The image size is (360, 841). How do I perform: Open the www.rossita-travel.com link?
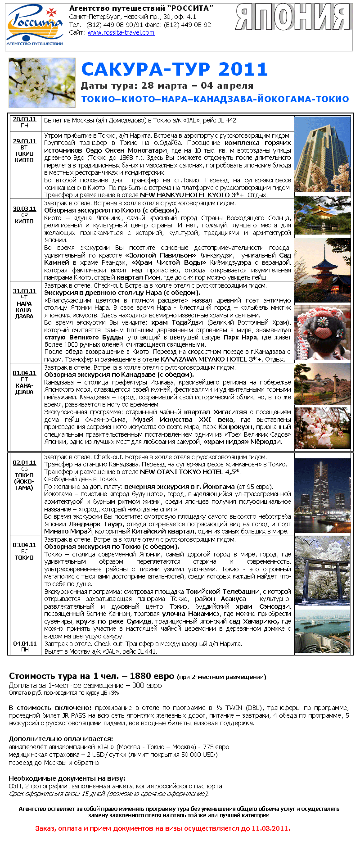[x=121, y=32]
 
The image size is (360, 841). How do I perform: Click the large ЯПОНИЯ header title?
[x=293, y=18]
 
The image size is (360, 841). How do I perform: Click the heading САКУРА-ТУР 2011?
[x=175, y=69]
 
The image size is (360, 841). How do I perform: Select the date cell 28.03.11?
[x=24, y=119]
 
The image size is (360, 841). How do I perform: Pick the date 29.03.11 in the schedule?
[x=24, y=141]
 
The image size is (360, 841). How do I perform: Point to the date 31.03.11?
[x=24, y=291]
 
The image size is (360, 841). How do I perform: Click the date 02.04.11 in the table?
[x=24, y=462]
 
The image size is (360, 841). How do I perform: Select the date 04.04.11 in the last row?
[x=24, y=643]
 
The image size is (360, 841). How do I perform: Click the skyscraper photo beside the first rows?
[x=322, y=154]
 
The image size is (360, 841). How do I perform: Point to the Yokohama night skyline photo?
[x=322, y=495]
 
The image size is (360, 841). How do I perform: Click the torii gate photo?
[x=322, y=570]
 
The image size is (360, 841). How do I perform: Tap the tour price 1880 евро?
[x=152, y=676]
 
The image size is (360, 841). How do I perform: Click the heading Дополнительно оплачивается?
[x=61, y=738]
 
